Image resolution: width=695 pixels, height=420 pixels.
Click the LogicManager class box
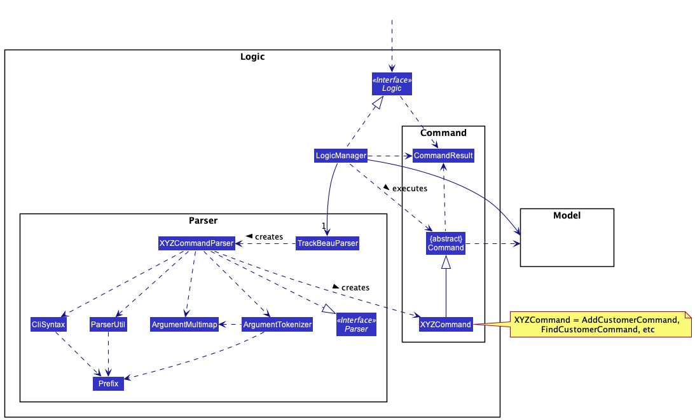click(341, 155)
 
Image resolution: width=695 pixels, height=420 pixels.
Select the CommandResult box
click(443, 155)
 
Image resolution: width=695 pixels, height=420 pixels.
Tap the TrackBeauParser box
click(327, 243)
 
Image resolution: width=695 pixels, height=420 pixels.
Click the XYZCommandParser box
click(196, 243)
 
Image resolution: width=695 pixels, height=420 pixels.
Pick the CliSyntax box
click(48, 325)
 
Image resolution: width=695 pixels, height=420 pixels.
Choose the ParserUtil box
click(108, 325)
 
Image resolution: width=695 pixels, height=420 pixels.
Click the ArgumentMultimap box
click(184, 325)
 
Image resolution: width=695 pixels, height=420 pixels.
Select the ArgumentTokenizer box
click(278, 325)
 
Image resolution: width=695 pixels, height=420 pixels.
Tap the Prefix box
click(108, 384)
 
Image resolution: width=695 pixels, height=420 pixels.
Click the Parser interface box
click(356, 324)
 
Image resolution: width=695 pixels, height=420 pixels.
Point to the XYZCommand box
click(446, 325)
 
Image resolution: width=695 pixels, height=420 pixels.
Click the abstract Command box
click(445, 243)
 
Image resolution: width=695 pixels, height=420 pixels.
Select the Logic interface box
click(392, 84)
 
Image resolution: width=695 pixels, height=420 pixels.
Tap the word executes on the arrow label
click(409, 189)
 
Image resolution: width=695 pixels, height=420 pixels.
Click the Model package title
click(567, 215)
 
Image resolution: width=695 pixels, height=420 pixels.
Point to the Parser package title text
click(203, 220)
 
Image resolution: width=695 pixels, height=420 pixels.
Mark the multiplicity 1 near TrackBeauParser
click(324, 226)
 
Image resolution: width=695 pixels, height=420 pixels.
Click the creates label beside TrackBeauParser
click(268, 236)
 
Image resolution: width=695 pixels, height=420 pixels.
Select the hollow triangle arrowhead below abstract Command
click(446, 262)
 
